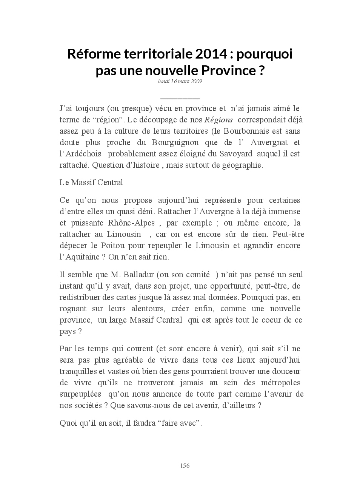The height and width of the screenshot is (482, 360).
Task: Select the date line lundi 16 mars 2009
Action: [180, 81]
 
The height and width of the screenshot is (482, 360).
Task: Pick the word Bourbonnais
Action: [243, 131]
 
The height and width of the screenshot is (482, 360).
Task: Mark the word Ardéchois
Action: [80, 154]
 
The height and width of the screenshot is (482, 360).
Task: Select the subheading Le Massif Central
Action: [91, 182]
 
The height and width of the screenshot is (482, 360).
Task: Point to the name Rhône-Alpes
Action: [132, 223]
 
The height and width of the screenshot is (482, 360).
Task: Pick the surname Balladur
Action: [137, 275]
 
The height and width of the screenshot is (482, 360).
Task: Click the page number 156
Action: [185, 466]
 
